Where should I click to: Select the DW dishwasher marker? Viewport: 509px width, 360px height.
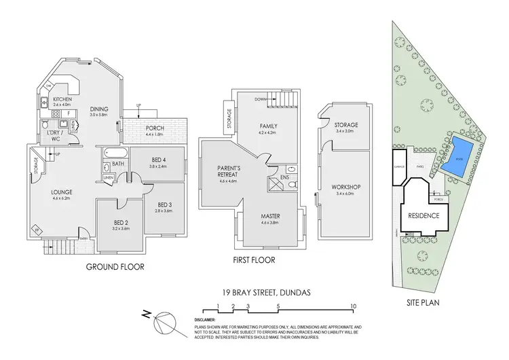(48, 86)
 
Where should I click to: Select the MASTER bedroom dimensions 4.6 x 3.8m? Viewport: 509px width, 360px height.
(270, 223)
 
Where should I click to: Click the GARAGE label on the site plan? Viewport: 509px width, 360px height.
(398, 164)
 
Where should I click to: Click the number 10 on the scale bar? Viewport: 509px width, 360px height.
(353, 307)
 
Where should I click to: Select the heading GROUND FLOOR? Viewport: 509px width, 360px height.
(115, 267)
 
